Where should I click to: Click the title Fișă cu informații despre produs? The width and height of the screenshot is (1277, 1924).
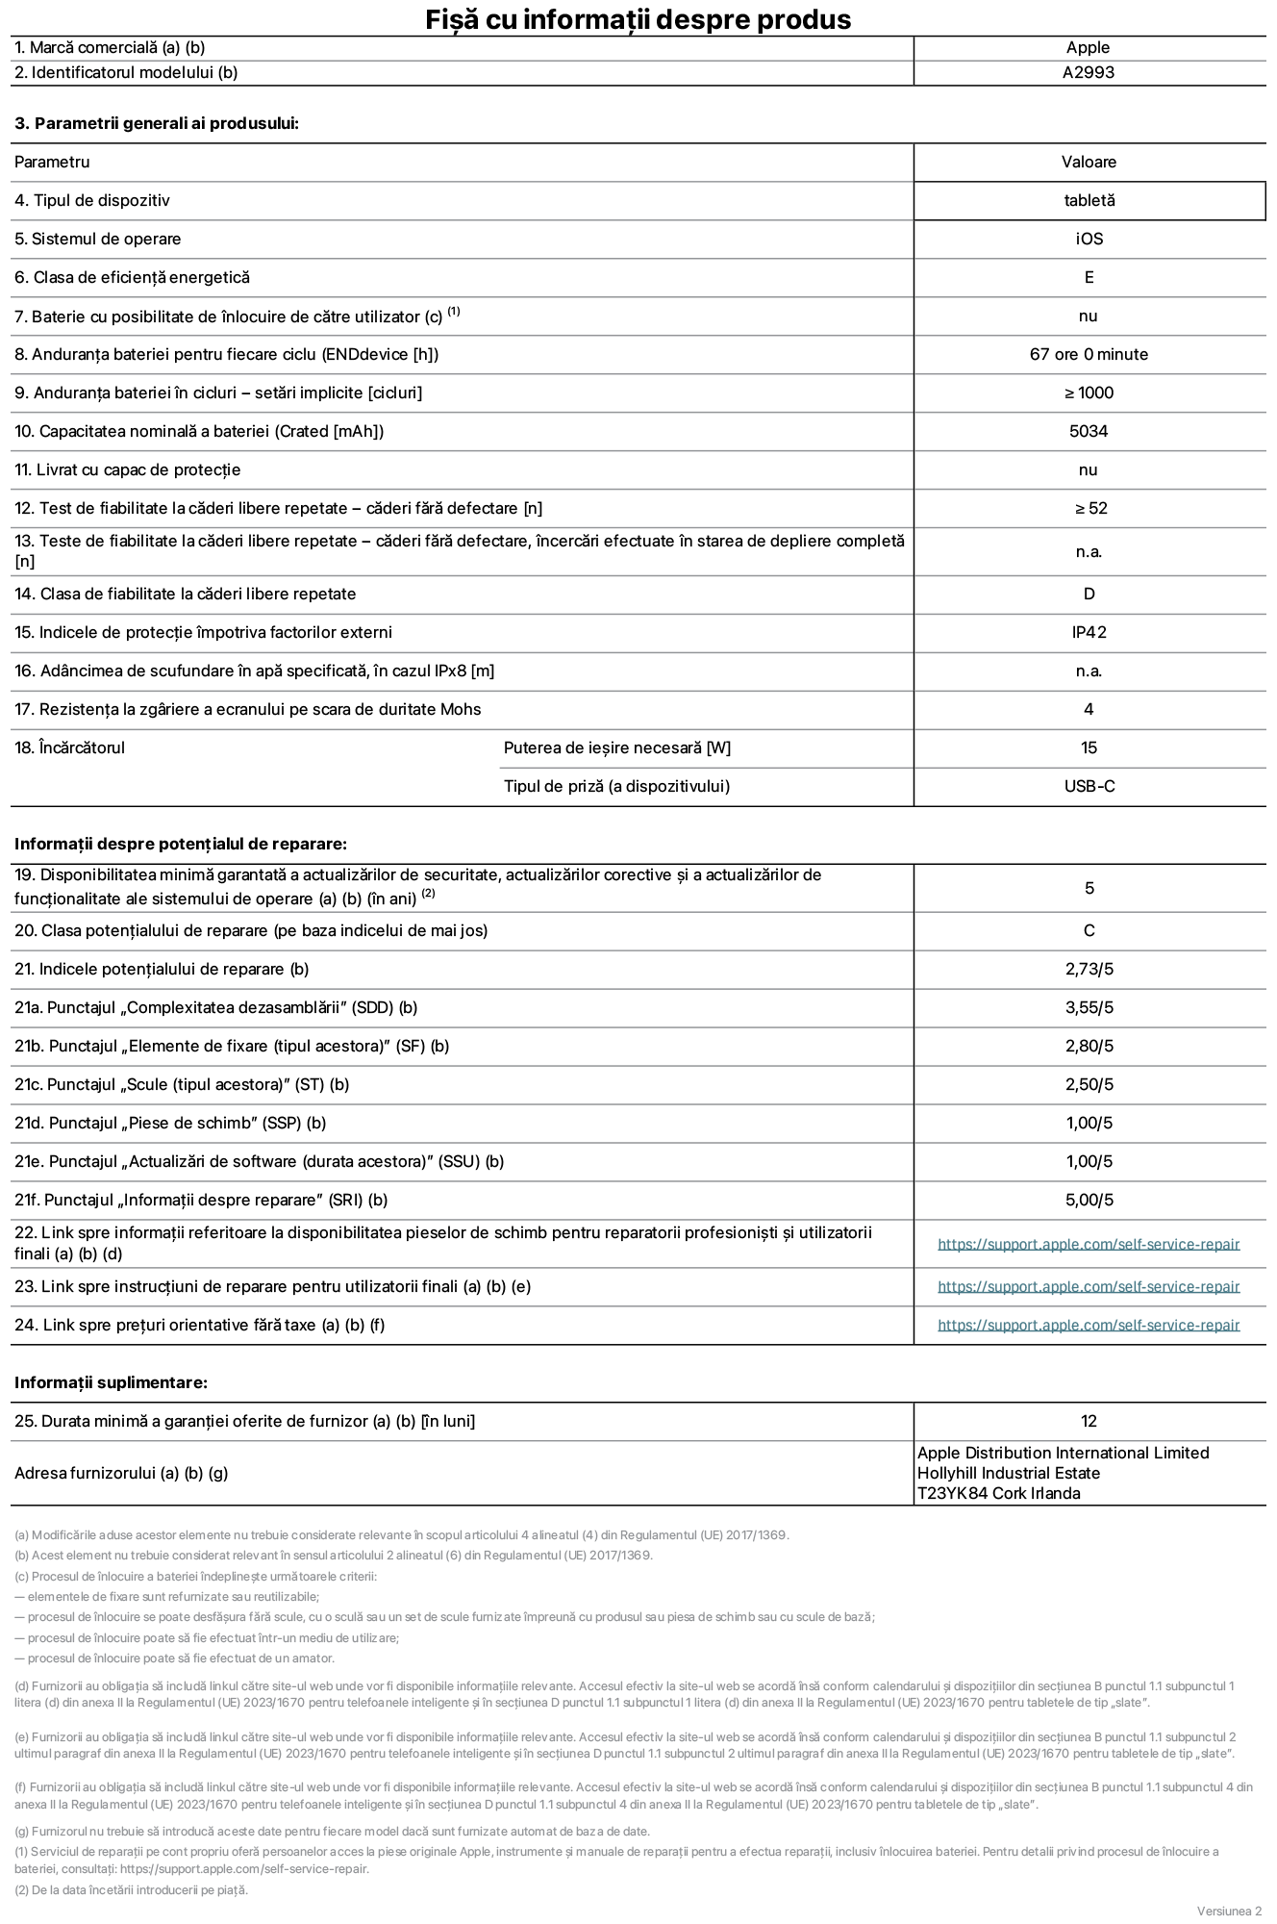click(x=638, y=19)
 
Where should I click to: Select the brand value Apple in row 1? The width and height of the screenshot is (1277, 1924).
click(x=1088, y=48)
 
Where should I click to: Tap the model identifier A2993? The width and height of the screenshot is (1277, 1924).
click(x=1088, y=73)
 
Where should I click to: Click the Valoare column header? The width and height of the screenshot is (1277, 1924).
click(x=1089, y=163)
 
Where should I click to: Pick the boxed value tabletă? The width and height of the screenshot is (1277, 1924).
click(x=1089, y=201)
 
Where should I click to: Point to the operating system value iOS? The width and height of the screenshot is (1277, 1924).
click(x=1089, y=240)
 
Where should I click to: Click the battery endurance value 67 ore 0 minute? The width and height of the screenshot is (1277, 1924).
click(x=1089, y=355)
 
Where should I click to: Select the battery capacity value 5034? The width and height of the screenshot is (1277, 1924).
click(x=1089, y=432)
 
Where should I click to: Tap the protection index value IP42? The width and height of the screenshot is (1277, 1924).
click(x=1089, y=633)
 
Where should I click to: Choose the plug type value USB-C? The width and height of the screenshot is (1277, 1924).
click(x=1089, y=787)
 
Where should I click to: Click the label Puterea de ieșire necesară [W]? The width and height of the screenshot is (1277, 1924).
click(x=616, y=748)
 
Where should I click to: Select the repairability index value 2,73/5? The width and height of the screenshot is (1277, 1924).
click(x=1089, y=970)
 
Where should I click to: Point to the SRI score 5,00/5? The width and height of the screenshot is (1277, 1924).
click(x=1089, y=1201)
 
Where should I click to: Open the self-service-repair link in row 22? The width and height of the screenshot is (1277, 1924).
click(x=1089, y=1245)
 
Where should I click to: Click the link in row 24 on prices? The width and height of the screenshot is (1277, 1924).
click(x=1089, y=1326)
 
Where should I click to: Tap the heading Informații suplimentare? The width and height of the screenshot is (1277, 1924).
click(x=111, y=1383)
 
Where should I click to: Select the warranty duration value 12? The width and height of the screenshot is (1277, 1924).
click(x=1089, y=1422)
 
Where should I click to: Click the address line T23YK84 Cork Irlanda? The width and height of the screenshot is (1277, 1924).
click(x=998, y=1494)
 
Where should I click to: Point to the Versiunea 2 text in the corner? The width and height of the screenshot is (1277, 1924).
click(x=1229, y=1911)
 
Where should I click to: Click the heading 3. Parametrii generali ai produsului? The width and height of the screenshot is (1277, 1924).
click(x=157, y=124)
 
